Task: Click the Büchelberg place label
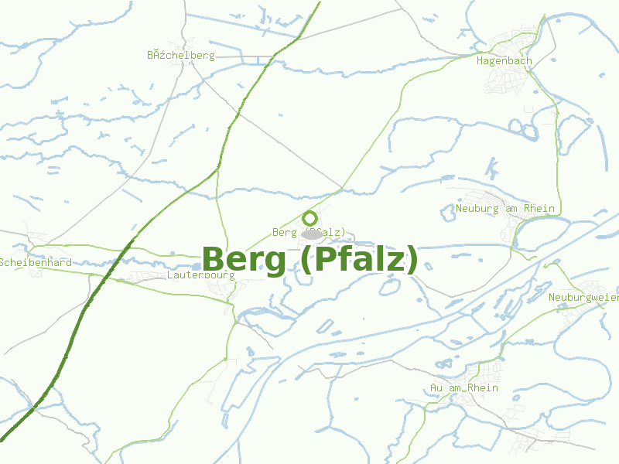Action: click(x=180, y=56)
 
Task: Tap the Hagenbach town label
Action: click(x=504, y=60)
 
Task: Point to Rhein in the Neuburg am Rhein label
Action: click(x=539, y=208)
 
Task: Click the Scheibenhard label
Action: click(x=36, y=262)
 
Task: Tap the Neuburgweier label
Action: click(x=583, y=298)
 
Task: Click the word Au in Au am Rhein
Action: click(x=436, y=387)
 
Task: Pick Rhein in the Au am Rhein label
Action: click(x=483, y=387)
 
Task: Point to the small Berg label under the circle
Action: click(x=284, y=232)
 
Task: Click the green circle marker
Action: click(x=310, y=218)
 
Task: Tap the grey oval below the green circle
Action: click(x=312, y=234)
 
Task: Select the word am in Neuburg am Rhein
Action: click(x=511, y=208)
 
